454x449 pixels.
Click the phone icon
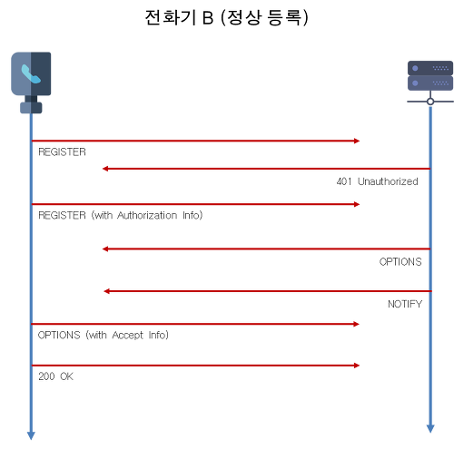click(x=31, y=83)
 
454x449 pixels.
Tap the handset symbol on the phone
click(x=31, y=73)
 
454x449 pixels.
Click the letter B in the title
click(x=208, y=17)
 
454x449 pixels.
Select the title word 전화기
click(x=171, y=17)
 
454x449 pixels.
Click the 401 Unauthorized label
click(x=377, y=181)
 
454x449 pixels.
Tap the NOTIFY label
click(x=405, y=304)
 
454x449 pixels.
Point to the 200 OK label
click(x=55, y=376)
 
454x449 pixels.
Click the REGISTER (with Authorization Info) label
click(x=121, y=215)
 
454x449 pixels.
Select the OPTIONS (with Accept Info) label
click(x=104, y=335)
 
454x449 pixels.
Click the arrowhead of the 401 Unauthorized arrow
click(x=105, y=169)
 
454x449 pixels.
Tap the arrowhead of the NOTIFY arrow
click(x=106, y=291)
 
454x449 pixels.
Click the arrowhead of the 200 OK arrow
click(x=357, y=366)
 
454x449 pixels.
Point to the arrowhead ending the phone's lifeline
click(x=31, y=436)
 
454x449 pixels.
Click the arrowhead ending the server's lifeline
click(x=430, y=429)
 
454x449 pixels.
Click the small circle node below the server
click(x=430, y=102)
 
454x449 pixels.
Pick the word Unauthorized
click(x=388, y=181)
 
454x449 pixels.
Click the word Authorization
click(x=147, y=215)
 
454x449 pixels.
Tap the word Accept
click(x=127, y=336)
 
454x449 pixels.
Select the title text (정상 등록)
click(x=264, y=17)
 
